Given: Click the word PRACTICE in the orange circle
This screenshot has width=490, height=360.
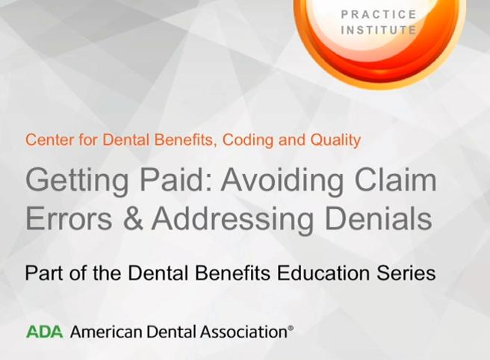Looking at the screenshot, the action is click(379, 14).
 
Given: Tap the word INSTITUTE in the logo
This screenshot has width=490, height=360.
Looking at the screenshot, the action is click(379, 30).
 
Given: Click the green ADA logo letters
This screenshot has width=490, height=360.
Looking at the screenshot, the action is click(44, 332).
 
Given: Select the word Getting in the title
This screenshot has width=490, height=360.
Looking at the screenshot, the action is click(77, 181).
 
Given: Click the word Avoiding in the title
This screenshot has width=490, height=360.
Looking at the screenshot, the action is click(283, 181).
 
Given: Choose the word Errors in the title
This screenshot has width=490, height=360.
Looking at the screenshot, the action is click(69, 218).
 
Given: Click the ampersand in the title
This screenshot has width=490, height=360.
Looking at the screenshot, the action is click(133, 218).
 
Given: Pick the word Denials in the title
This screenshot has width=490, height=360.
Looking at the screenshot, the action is click(379, 218).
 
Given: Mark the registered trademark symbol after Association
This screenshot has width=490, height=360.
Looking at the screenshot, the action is click(291, 328).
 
